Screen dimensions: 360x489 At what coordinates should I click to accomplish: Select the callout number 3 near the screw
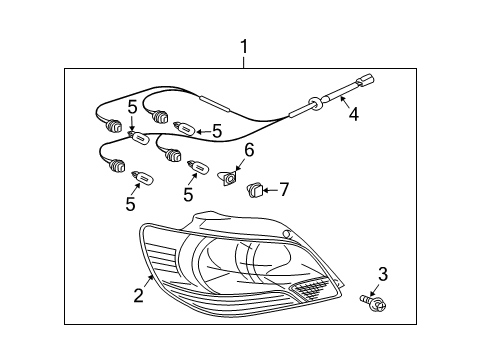click(381, 273)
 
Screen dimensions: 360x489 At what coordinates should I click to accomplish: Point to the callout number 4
click(352, 114)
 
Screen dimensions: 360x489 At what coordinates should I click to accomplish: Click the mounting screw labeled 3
click(371, 298)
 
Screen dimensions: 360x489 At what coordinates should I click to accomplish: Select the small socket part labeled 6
click(230, 177)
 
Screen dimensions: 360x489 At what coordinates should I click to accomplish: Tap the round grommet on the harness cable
click(313, 102)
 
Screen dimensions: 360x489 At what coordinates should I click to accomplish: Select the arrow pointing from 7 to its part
click(271, 187)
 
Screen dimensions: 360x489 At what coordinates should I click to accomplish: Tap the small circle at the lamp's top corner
click(289, 234)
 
